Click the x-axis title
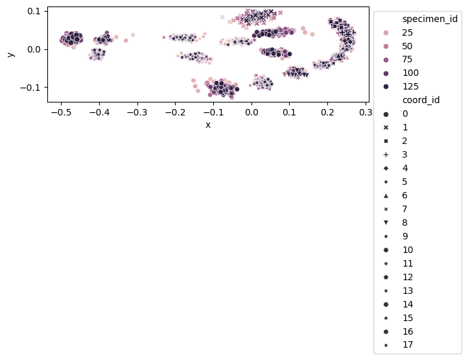tap(207, 125)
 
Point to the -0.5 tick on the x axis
tap(61, 102)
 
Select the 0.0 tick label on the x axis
tap(252, 112)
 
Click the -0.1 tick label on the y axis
tap(31, 87)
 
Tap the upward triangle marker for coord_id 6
tap(386, 195)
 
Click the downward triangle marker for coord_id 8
tap(386, 222)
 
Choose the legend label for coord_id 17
tap(407, 344)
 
